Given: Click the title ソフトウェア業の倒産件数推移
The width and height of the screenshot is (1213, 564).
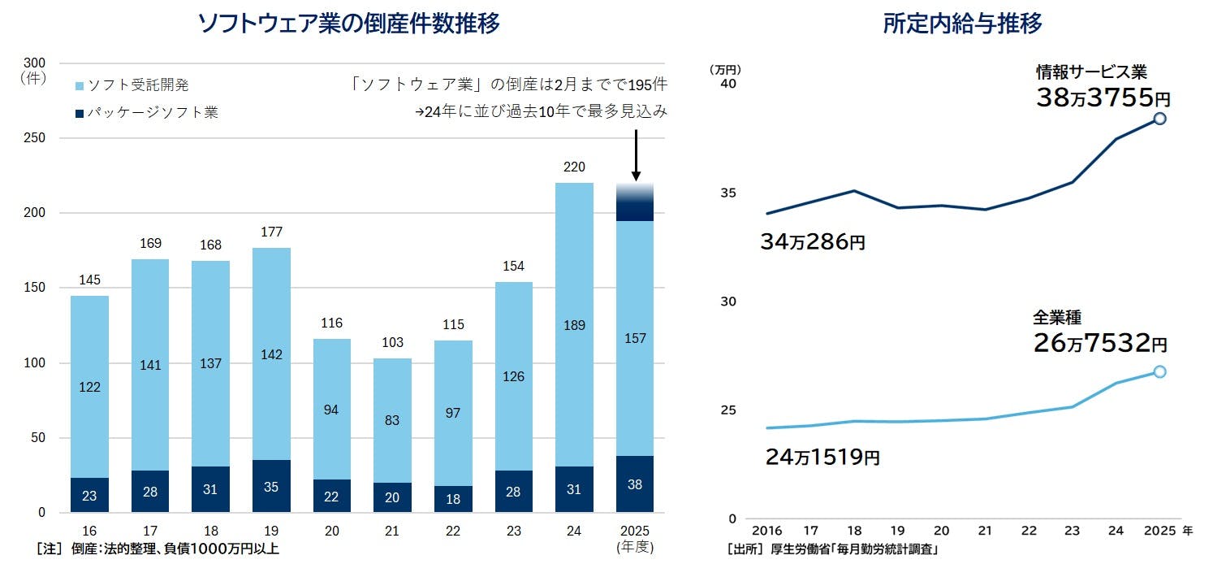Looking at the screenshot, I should [348, 24].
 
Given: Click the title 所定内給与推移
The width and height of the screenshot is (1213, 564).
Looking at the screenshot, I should [962, 24].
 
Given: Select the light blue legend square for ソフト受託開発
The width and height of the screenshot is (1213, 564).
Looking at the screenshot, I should [79, 85].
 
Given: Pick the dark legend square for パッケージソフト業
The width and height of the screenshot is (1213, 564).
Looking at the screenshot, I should [79, 114].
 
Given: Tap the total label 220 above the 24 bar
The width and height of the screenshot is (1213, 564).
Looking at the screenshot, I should [575, 167].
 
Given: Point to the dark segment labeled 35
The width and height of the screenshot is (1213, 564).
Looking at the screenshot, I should [271, 487].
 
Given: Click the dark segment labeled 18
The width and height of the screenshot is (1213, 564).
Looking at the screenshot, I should [453, 499].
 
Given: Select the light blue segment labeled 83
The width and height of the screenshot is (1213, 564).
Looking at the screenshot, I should [392, 420].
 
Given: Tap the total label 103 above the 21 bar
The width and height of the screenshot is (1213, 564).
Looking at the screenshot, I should [392, 343].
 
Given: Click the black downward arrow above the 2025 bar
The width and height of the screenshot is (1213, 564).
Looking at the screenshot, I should [636, 154].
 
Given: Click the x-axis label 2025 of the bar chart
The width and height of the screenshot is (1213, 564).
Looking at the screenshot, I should [635, 530].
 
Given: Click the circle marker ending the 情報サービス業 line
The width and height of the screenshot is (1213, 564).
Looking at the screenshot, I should [1159, 119].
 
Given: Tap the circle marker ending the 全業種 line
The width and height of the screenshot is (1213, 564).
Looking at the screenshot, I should [1159, 371].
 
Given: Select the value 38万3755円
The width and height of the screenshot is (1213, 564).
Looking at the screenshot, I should [1102, 98].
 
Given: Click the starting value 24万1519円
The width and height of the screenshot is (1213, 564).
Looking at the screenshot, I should [822, 457].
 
